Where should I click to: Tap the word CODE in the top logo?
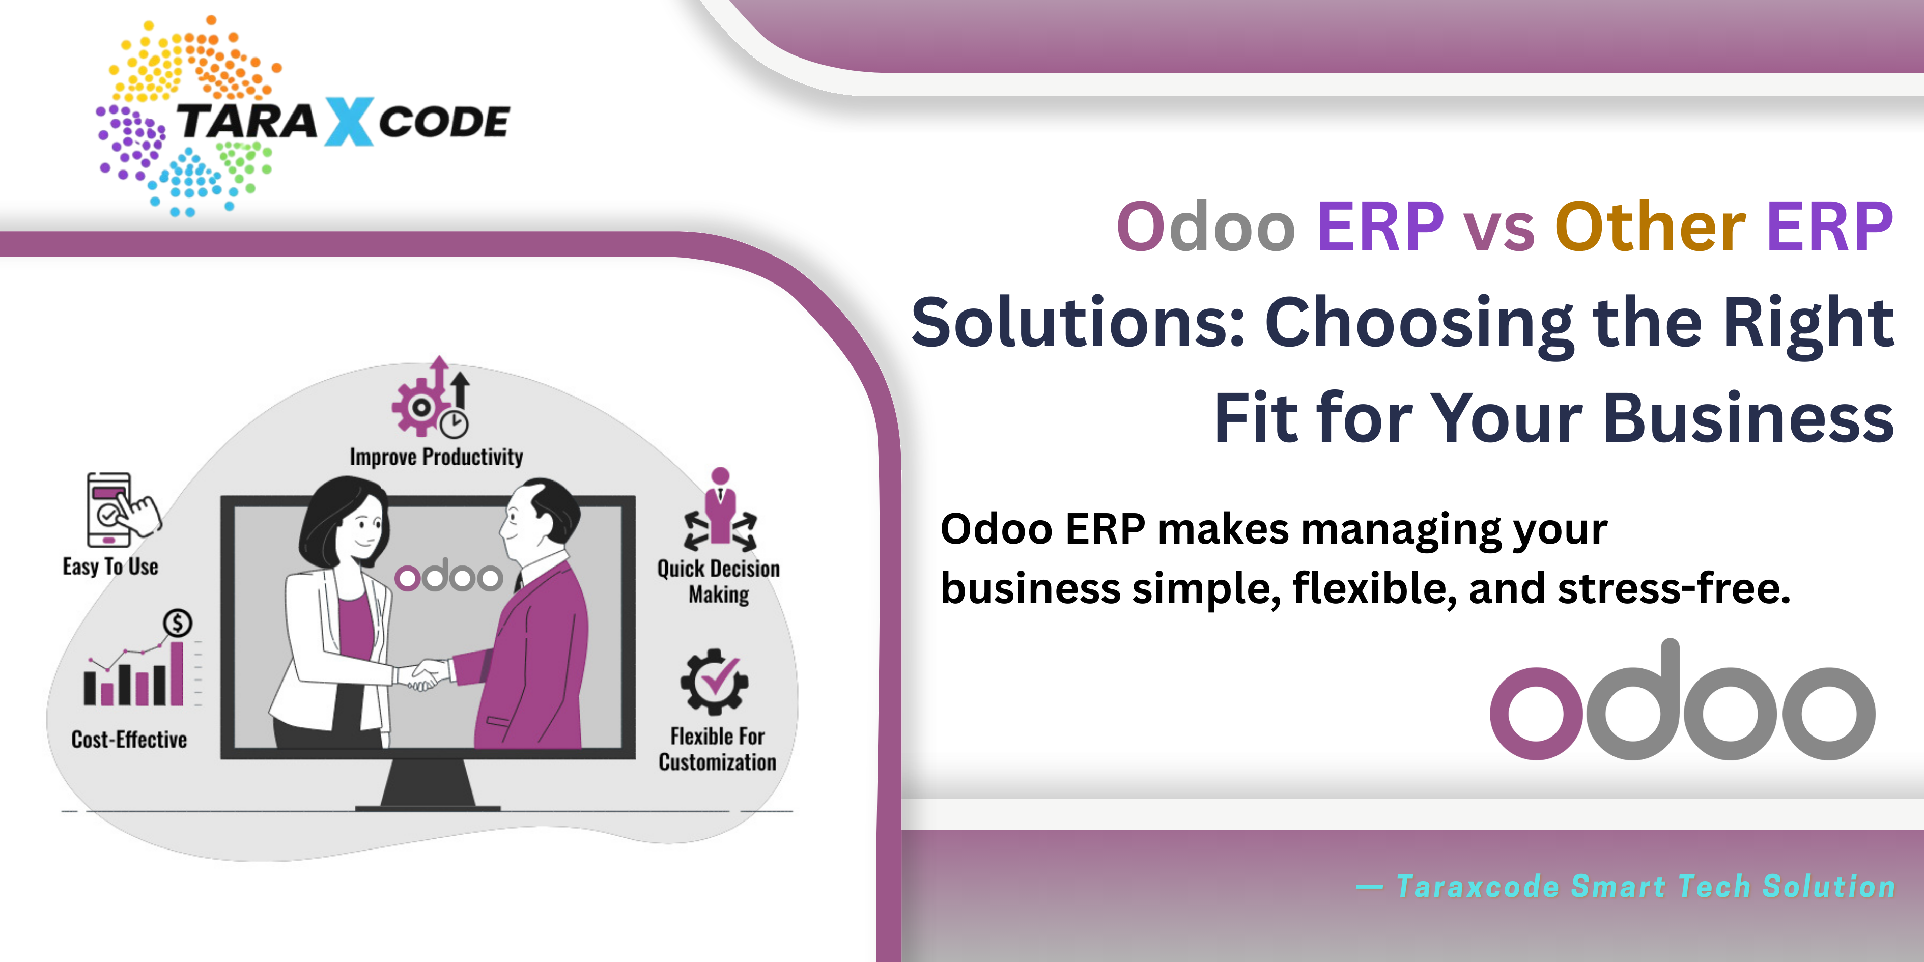(444, 122)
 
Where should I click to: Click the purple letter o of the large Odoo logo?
(1536, 713)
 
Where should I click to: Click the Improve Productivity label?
(436, 457)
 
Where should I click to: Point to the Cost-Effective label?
(129, 740)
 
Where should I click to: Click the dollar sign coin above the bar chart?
(178, 622)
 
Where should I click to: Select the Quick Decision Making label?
(719, 581)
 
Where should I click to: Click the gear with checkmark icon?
(714, 681)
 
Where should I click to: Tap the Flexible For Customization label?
(717, 749)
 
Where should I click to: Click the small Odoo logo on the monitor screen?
(449, 575)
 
